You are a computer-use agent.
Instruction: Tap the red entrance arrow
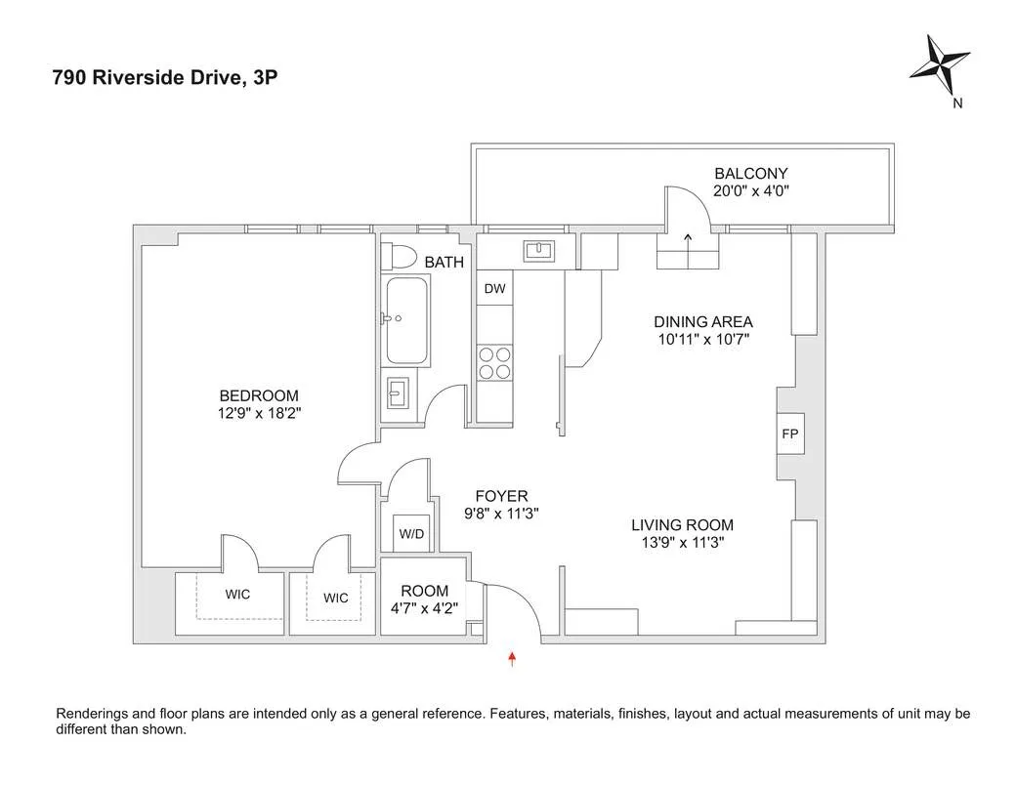(512, 659)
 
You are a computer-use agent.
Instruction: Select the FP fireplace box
(789, 433)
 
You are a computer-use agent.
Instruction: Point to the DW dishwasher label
(494, 289)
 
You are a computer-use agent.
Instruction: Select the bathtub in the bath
(406, 321)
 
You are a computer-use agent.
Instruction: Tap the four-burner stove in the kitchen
(494, 362)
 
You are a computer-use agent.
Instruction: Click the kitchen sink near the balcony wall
(538, 252)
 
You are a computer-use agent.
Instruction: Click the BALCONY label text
(750, 174)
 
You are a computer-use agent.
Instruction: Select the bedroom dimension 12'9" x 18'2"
(259, 414)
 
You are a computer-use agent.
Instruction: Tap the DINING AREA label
(703, 321)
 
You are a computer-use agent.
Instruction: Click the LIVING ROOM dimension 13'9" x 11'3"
(682, 543)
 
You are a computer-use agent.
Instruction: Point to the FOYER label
(501, 496)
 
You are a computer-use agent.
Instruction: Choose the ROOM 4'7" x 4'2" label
(424, 591)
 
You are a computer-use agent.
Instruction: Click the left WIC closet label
(237, 594)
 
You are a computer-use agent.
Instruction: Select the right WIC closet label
(336, 598)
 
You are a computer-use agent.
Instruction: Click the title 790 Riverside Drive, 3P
(165, 78)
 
